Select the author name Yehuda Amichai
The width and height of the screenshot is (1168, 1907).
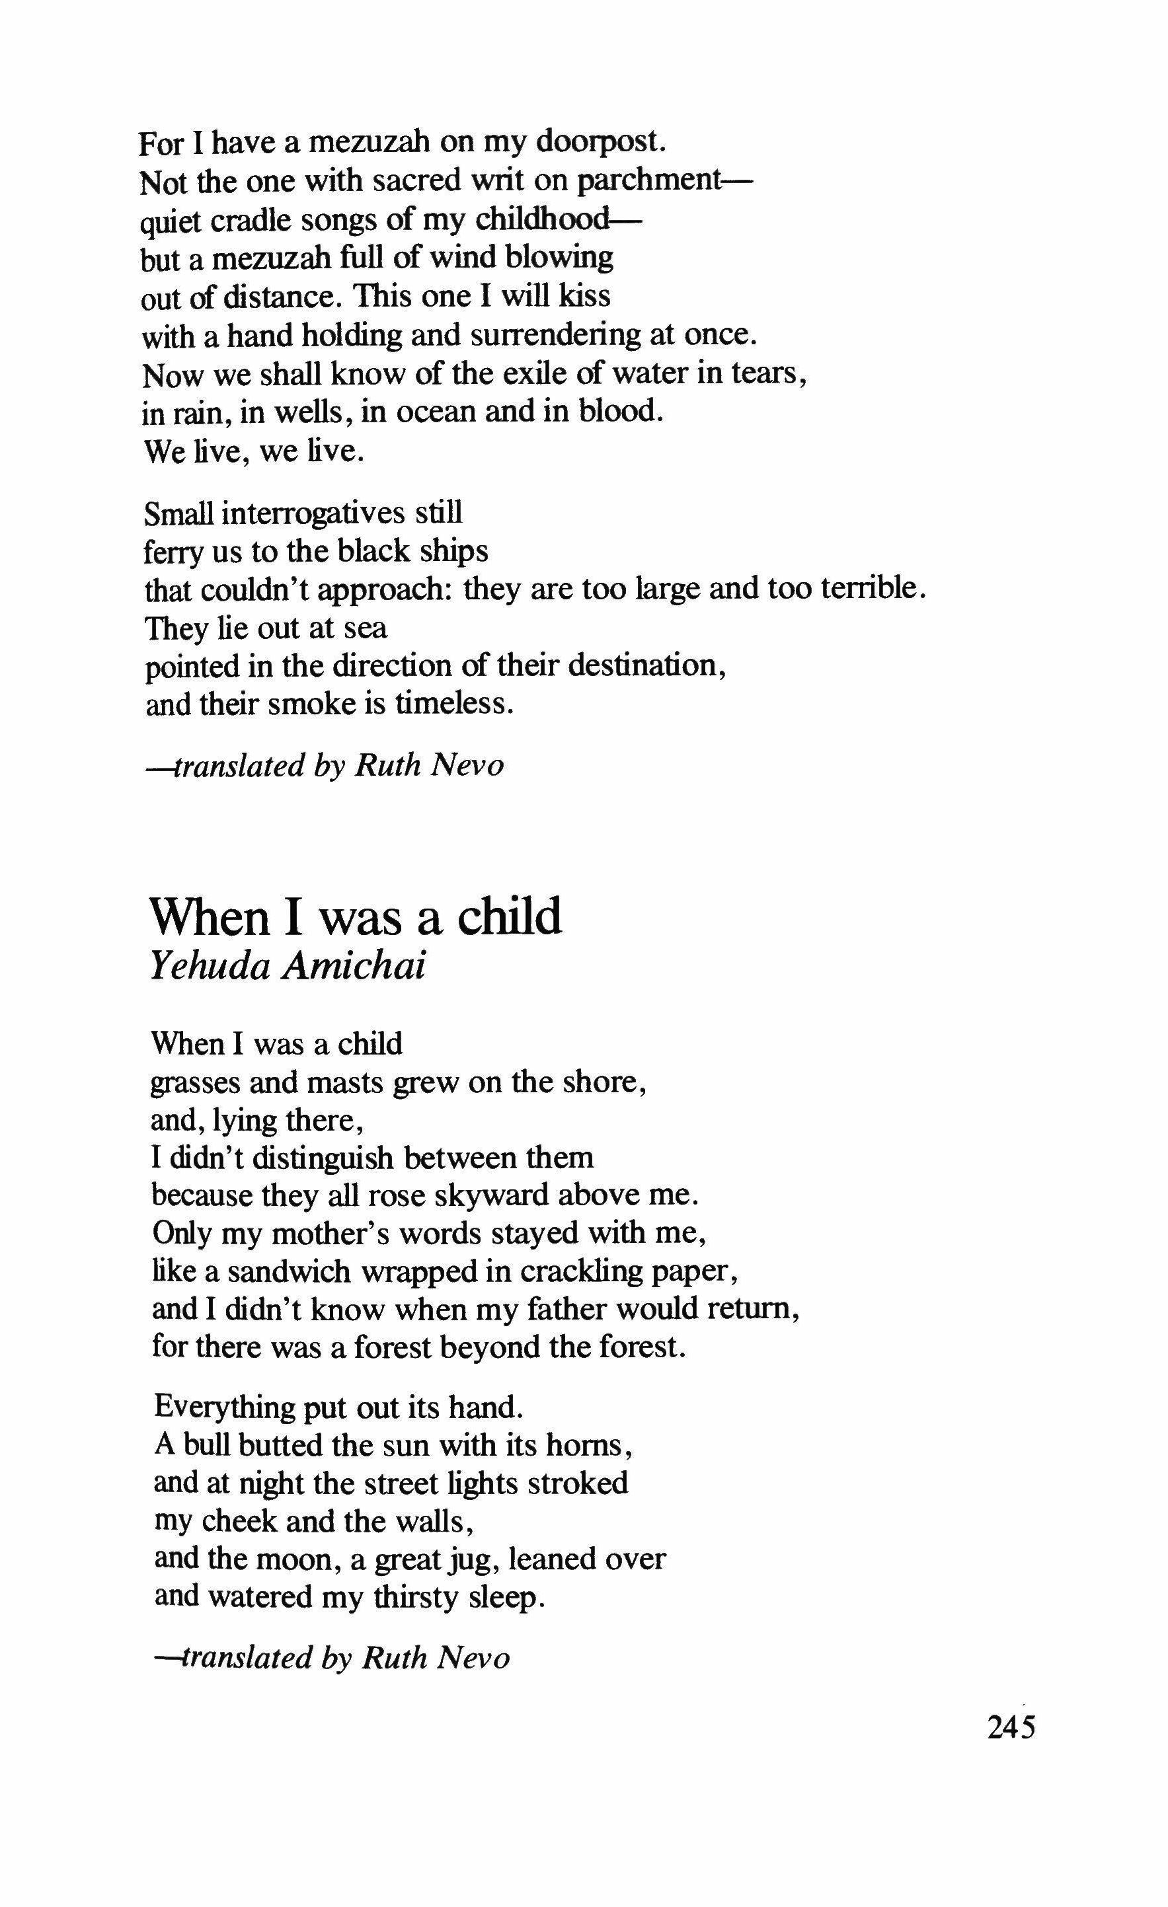click(x=288, y=967)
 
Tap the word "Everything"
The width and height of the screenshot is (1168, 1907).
click(x=225, y=1407)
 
